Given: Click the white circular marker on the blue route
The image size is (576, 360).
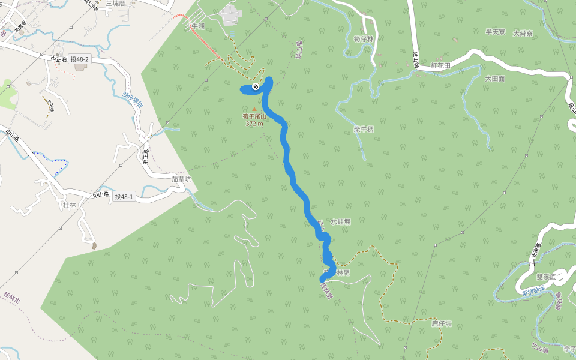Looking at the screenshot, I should pos(256,87).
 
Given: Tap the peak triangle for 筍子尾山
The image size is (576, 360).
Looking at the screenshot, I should pos(254,109).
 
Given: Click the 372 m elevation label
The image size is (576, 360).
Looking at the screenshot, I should pos(254,124).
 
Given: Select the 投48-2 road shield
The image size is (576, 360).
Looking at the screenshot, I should pos(79,59).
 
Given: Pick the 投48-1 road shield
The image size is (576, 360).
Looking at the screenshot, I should pos(124,196).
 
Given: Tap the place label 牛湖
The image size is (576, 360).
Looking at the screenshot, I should pos(197,26).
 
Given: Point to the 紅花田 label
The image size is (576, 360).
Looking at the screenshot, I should pos(440,65).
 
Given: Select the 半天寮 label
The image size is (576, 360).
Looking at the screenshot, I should pos(496,32).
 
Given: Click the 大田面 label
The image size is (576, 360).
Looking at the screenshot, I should pos(495,79).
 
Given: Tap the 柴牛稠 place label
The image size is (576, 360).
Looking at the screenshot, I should pos(364,129).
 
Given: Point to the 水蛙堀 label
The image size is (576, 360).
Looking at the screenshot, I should pos(340,222).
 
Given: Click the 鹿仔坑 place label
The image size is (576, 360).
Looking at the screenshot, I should pos(441,323).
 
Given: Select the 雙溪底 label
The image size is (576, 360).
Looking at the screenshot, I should pos(547,277).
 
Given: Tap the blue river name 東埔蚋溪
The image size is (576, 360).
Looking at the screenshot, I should pos(533,290).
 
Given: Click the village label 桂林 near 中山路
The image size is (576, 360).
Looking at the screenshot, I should pos(70,205).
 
